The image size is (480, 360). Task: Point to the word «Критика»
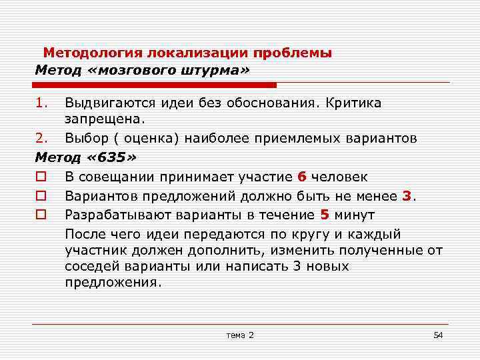(x=355, y=103)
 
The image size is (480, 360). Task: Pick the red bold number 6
(x=302, y=177)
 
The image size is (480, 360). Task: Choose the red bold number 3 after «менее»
(x=407, y=196)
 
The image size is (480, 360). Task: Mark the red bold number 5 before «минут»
(x=325, y=215)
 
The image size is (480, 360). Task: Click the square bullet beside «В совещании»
(x=41, y=177)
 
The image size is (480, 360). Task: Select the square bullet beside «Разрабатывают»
(x=41, y=215)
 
